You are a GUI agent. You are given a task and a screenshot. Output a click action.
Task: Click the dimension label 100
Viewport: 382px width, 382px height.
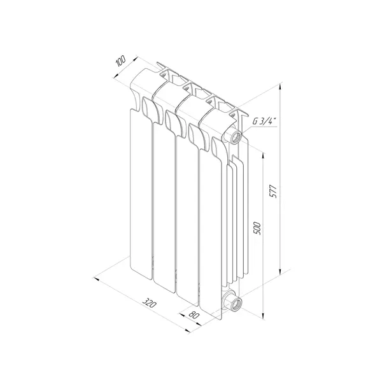coord(120,61)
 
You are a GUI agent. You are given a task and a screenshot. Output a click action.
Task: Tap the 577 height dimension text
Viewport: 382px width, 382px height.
coord(274,191)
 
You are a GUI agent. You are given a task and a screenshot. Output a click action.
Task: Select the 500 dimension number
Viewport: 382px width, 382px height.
coord(257,229)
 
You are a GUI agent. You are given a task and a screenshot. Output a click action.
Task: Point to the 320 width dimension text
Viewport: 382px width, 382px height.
coord(149,303)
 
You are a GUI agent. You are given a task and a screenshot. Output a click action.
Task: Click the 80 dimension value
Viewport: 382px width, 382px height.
coord(194,315)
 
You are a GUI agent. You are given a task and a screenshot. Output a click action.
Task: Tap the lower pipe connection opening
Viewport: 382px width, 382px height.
coord(236,303)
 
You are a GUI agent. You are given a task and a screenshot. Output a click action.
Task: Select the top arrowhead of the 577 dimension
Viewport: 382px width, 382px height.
coord(280,87)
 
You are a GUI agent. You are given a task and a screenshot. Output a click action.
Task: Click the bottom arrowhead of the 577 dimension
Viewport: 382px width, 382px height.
coord(280,271)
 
